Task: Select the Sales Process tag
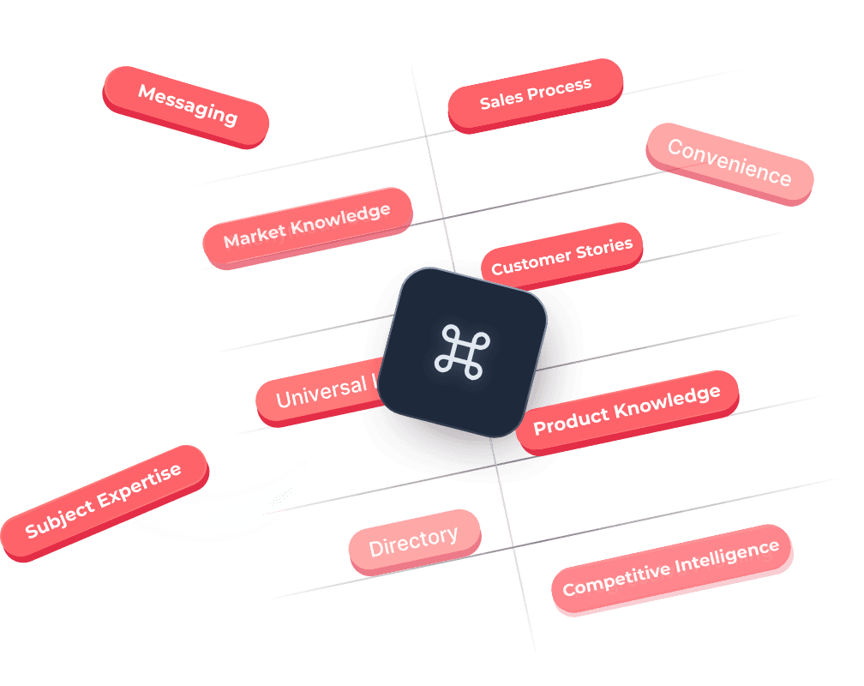[535, 94]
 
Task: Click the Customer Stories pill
[561, 255]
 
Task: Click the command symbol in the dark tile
[463, 351]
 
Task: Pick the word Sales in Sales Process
[497, 100]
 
